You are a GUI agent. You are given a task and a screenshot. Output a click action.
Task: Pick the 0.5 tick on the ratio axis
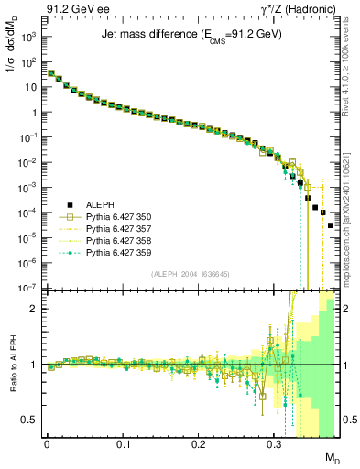(29, 420)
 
